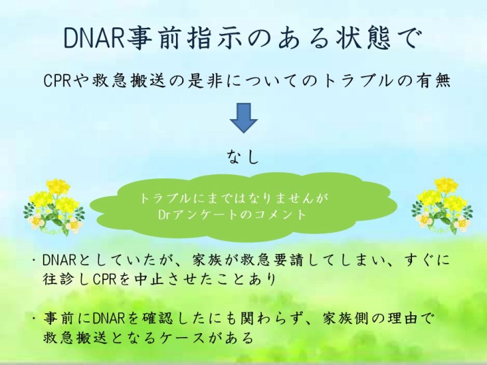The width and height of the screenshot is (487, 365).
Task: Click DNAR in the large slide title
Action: point(94,38)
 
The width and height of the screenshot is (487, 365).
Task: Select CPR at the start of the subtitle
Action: point(56,81)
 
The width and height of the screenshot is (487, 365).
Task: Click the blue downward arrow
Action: point(243,118)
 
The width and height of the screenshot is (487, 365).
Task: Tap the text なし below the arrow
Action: point(243,156)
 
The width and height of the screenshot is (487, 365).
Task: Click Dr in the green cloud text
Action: point(164,215)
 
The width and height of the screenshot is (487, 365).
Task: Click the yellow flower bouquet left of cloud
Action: point(54,207)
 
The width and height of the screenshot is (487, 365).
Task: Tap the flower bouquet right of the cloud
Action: point(442,206)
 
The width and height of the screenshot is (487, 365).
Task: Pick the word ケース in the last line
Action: point(186,338)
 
